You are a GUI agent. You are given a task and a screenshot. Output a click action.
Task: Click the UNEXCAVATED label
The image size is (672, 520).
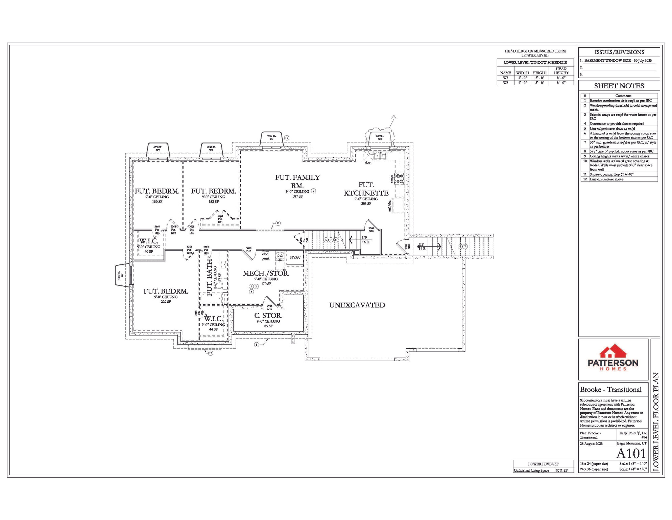pos(357,305)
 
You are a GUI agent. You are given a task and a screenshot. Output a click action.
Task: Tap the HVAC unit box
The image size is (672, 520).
pos(295,258)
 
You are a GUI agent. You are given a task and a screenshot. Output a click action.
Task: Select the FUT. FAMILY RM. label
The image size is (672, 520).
pos(297,181)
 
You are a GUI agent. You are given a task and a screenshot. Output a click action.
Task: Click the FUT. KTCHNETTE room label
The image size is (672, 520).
pos(366,189)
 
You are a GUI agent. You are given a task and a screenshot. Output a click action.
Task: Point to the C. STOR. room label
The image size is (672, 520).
pos(268,316)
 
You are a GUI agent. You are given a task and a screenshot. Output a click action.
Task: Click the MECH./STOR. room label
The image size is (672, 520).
pos(266,273)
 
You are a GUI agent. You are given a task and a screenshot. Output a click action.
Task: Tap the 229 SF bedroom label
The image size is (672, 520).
pos(166,302)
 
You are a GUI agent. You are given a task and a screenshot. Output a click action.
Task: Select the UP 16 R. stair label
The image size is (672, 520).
pos(365,240)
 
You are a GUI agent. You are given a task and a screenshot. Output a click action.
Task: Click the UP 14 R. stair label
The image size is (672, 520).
pos(422,246)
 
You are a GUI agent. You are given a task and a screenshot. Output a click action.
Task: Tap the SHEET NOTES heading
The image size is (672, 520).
pos(619,86)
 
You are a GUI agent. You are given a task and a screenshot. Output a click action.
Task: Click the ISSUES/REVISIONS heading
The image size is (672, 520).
pos(619,52)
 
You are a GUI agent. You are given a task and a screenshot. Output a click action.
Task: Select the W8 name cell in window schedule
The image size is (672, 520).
pos(505,83)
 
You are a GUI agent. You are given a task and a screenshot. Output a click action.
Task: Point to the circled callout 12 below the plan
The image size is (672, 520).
pos(210,353)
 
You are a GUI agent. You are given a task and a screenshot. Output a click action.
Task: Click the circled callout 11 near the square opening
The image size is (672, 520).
pos(278,223)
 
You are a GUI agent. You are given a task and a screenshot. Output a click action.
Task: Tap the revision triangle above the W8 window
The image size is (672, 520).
pos(394,117)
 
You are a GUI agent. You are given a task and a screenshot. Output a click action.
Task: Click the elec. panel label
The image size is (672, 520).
pos(265,256)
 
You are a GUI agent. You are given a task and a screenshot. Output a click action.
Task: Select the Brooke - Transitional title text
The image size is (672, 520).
pos(610,390)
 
